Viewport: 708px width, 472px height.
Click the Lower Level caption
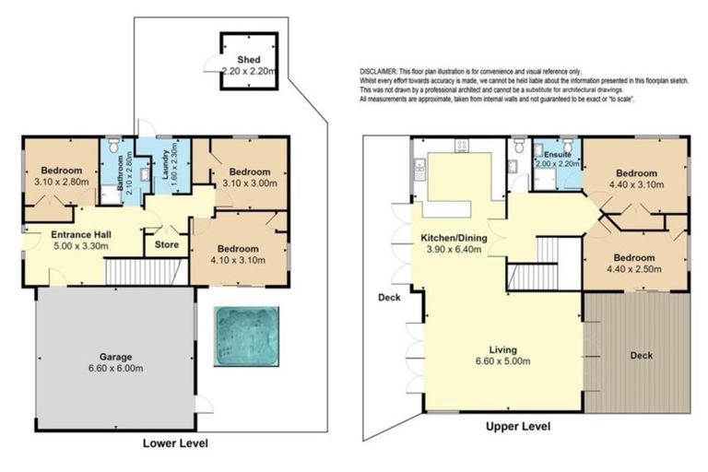pyautogui.click(x=175, y=443)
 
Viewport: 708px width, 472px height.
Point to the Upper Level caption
pyautogui.click(x=516, y=427)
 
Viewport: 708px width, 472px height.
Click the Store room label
pyautogui.click(x=167, y=244)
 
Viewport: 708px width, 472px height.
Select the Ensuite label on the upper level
pyautogui.click(x=559, y=154)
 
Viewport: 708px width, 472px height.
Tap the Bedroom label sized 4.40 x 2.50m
pyautogui.click(x=635, y=257)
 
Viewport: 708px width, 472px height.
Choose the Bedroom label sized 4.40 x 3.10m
pyautogui.click(x=635, y=173)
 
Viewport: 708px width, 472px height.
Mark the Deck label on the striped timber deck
pyautogui.click(x=640, y=355)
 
